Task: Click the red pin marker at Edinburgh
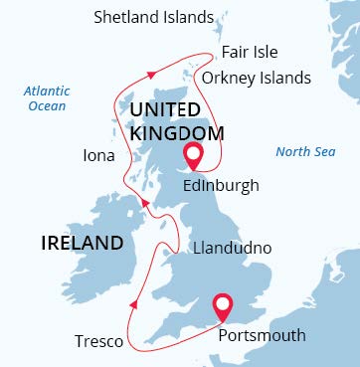[x=193, y=154]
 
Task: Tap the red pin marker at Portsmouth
[x=223, y=304]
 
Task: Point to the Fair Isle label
[x=250, y=52]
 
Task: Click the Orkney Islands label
[x=256, y=78]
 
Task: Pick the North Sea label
[x=303, y=152]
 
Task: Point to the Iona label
[x=98, y=156]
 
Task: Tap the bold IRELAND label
[x=82, y=243]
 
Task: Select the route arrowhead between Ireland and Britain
[x=145, y=203]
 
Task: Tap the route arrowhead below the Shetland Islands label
[x=150, y=74]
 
